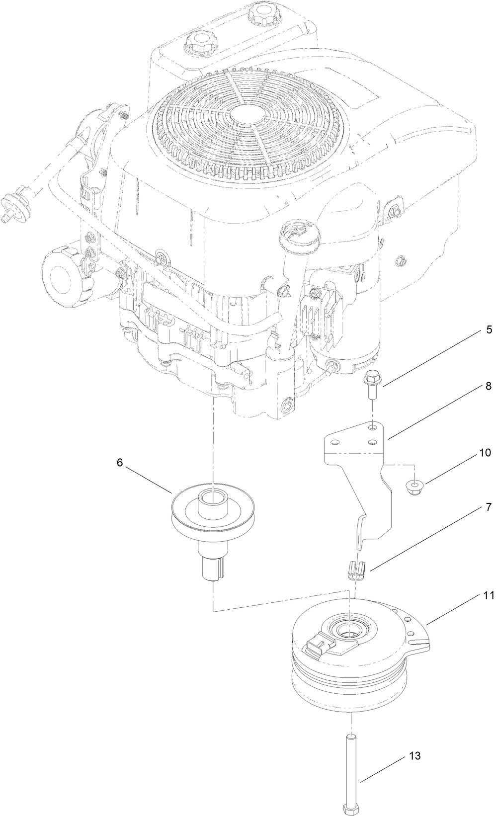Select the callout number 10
471,453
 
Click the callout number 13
415,756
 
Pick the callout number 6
119,462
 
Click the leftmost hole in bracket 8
336,441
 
